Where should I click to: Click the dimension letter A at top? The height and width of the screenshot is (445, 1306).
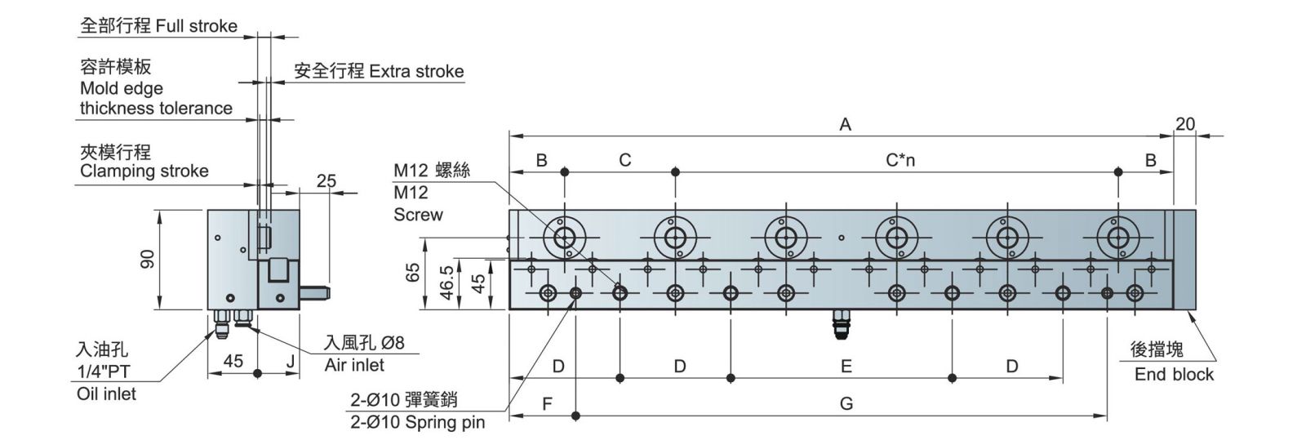pyautogui.click(x=845, y=124)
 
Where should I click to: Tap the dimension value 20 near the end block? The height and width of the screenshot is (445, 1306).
pyautogui.click(x=1184, y=124)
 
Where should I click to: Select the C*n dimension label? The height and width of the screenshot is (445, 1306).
pyautogui.click(x=900, y=160)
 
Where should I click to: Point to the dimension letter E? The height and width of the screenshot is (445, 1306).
pyautogui.click(x=846, y=366)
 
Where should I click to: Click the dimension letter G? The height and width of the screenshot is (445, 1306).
pyautogui.click(x=846, y=403)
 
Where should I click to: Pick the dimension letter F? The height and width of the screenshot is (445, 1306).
pyautogui.click(x=548, y=403)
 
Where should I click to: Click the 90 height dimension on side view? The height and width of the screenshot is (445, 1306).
pyautogui.click(x=148, y=260)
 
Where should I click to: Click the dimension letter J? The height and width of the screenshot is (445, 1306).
pyautogui.click(x=290, y=360)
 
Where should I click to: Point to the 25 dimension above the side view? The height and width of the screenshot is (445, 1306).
pyautogui.click(x=326, y=181)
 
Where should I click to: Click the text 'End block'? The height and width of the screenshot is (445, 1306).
pyautogui.click(x=1174, y=375)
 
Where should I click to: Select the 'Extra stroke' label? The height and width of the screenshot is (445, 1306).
pyautogui.click(x=416, y=71)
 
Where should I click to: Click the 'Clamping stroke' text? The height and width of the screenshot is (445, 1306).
pyautogui.click(x=144, y=171)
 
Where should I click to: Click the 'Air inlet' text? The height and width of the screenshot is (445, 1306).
pyautogui.click(x=354, y=365)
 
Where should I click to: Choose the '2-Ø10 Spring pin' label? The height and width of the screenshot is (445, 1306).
pyautogui.click(x=417, y=422)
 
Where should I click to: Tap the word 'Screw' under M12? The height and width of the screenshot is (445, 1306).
pyautogui.click(x=418, y=215)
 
